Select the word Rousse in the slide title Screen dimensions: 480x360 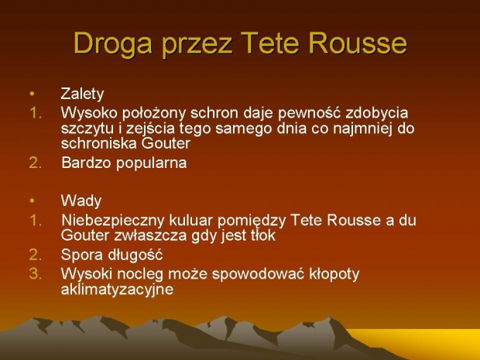[x=358, y=43]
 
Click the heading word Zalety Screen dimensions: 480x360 [x=82, y=94]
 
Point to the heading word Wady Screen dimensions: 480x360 [x=81, y=201]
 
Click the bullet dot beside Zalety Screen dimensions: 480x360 [x=33, y=94]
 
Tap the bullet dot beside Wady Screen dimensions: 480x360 [x=33, y=201]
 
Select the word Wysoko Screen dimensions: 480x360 [x=89, y=113]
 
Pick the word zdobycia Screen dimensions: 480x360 [x=377, y=114]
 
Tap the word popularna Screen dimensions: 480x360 [x=151, y=163]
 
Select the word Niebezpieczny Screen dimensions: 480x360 [x=113, y=221]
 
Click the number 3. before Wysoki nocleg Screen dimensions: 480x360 [x=35, y=274]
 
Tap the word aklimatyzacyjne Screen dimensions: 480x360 [x=117, y=290]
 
